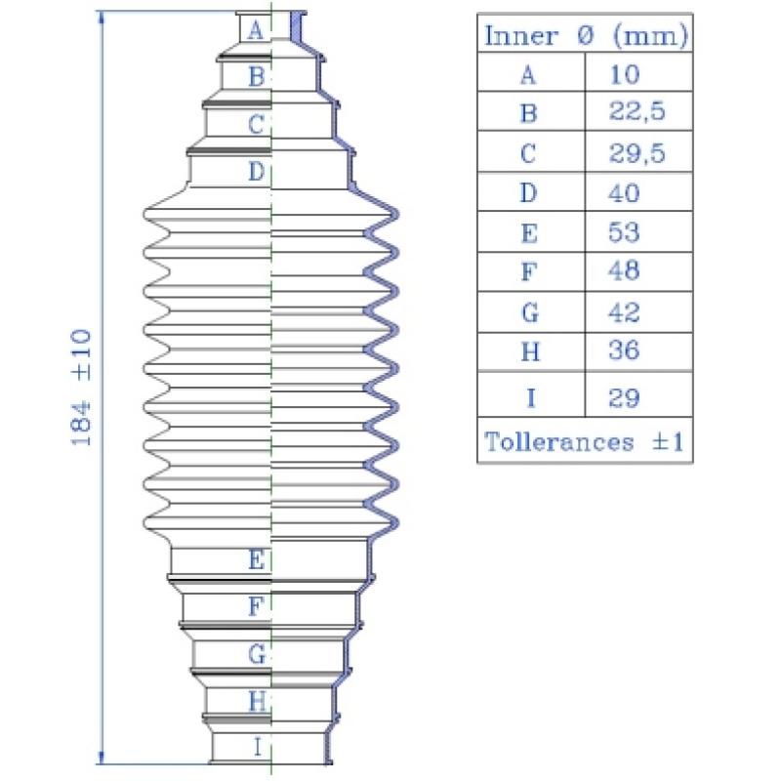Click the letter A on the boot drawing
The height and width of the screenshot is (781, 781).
(x=256, y=30)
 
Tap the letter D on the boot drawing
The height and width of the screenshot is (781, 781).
(x=257, y=172)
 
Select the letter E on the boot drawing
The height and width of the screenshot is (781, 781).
(x=257, y=559)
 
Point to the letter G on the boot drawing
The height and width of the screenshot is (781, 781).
(x=257, y=654)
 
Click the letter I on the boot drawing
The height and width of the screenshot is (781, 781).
(x=257, y=747)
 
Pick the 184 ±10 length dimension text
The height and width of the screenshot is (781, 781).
(x=81, y=388)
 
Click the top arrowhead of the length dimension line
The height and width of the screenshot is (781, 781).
(x=102, y=18)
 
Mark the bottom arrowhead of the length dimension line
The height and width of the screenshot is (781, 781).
(x=102, y=758)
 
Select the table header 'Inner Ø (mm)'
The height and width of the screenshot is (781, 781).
(x=586, y=35)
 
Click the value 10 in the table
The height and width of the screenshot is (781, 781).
(x=625, y=75)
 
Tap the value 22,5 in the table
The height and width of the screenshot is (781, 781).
(x=637, y=111)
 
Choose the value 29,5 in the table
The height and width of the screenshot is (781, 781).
(x=637, y=152)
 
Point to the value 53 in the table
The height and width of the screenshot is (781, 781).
(x=624, y=232)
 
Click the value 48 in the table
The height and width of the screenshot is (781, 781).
(x=624, y=270)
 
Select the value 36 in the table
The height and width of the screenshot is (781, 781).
(x=624, y=350)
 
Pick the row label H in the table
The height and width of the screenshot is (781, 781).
(x=530, y=351)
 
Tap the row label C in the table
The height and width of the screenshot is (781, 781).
(x=528, y=153)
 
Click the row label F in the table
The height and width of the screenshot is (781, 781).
(x=529, y=271)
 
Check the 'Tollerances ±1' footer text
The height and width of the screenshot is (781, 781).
(x=584, y=442)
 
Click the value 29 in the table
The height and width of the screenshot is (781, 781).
(x=624, y=398)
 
